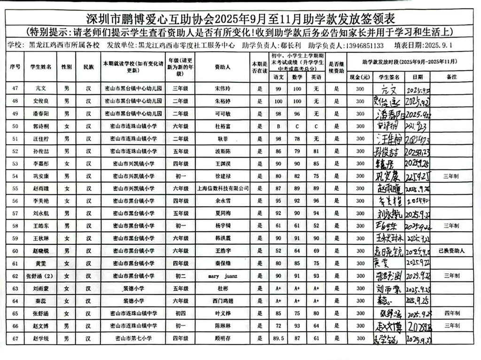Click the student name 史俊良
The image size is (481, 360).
tap(40, 101)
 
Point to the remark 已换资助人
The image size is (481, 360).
tap(451, 251)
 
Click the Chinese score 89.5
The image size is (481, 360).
tap(279, 337)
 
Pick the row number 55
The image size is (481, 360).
tap(15, 188)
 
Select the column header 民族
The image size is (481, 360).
tap(88, 67)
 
